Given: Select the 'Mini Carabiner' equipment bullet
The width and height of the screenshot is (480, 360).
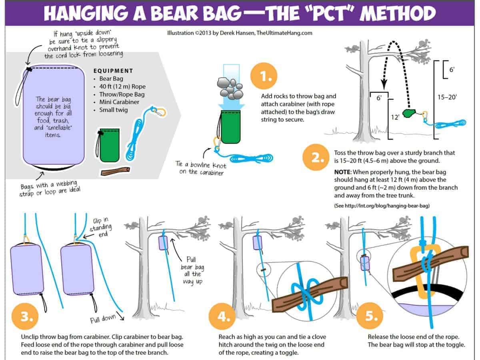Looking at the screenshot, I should [x=119, y=102].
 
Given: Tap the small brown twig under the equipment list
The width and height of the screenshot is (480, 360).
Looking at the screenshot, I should [x=115, y=172].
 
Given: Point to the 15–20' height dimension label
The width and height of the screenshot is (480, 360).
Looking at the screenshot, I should [x=447, y=97].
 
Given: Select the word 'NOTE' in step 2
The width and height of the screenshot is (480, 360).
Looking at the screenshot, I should [x=342, y=172].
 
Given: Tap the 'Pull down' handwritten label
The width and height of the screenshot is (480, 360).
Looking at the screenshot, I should [x=104, y=319].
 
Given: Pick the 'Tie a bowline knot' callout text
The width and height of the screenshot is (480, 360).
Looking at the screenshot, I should [x=200, y=168].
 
